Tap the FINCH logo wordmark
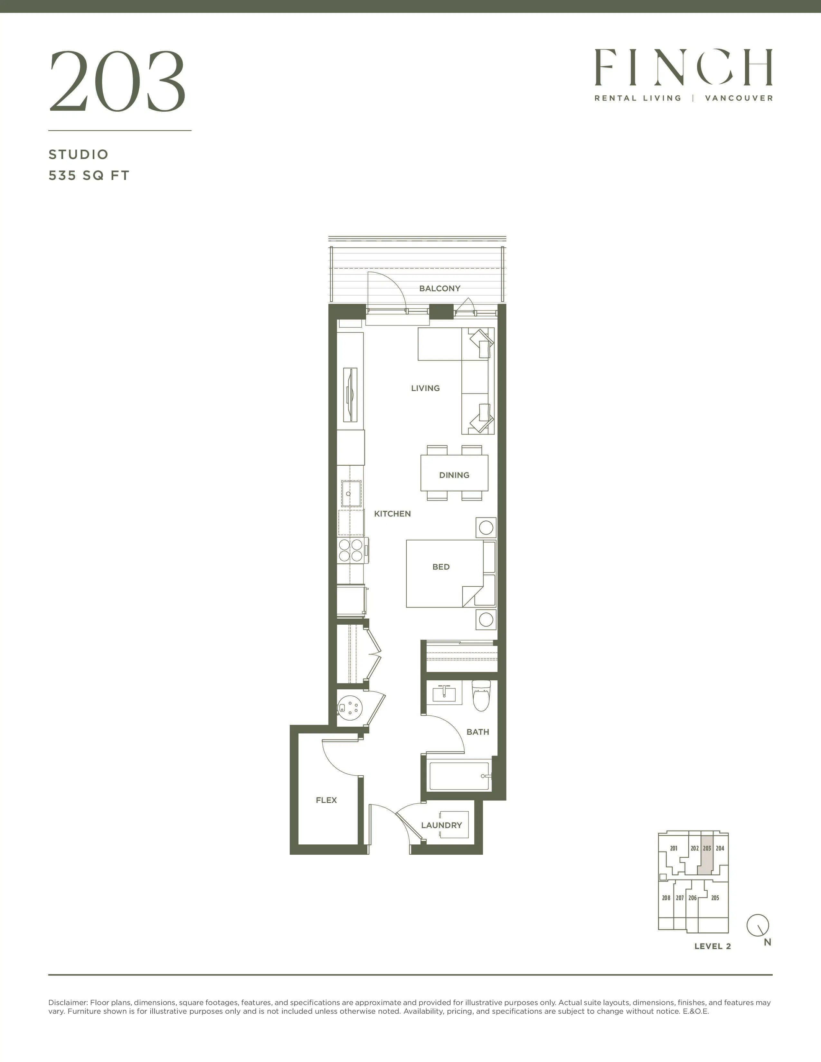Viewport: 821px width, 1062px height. (x=683, y=67)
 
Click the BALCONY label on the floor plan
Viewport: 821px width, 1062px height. (x=440, y=288)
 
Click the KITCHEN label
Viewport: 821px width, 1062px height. (x=392, y=514)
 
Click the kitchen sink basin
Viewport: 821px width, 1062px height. (x=351, y=494)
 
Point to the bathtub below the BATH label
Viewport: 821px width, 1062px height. (x=459, y=777)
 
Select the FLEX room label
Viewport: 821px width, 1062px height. (x=326, y=800)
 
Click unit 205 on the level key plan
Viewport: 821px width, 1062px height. (x=715, y=898)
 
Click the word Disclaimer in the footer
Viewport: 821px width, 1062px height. (x=68, y=1003)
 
